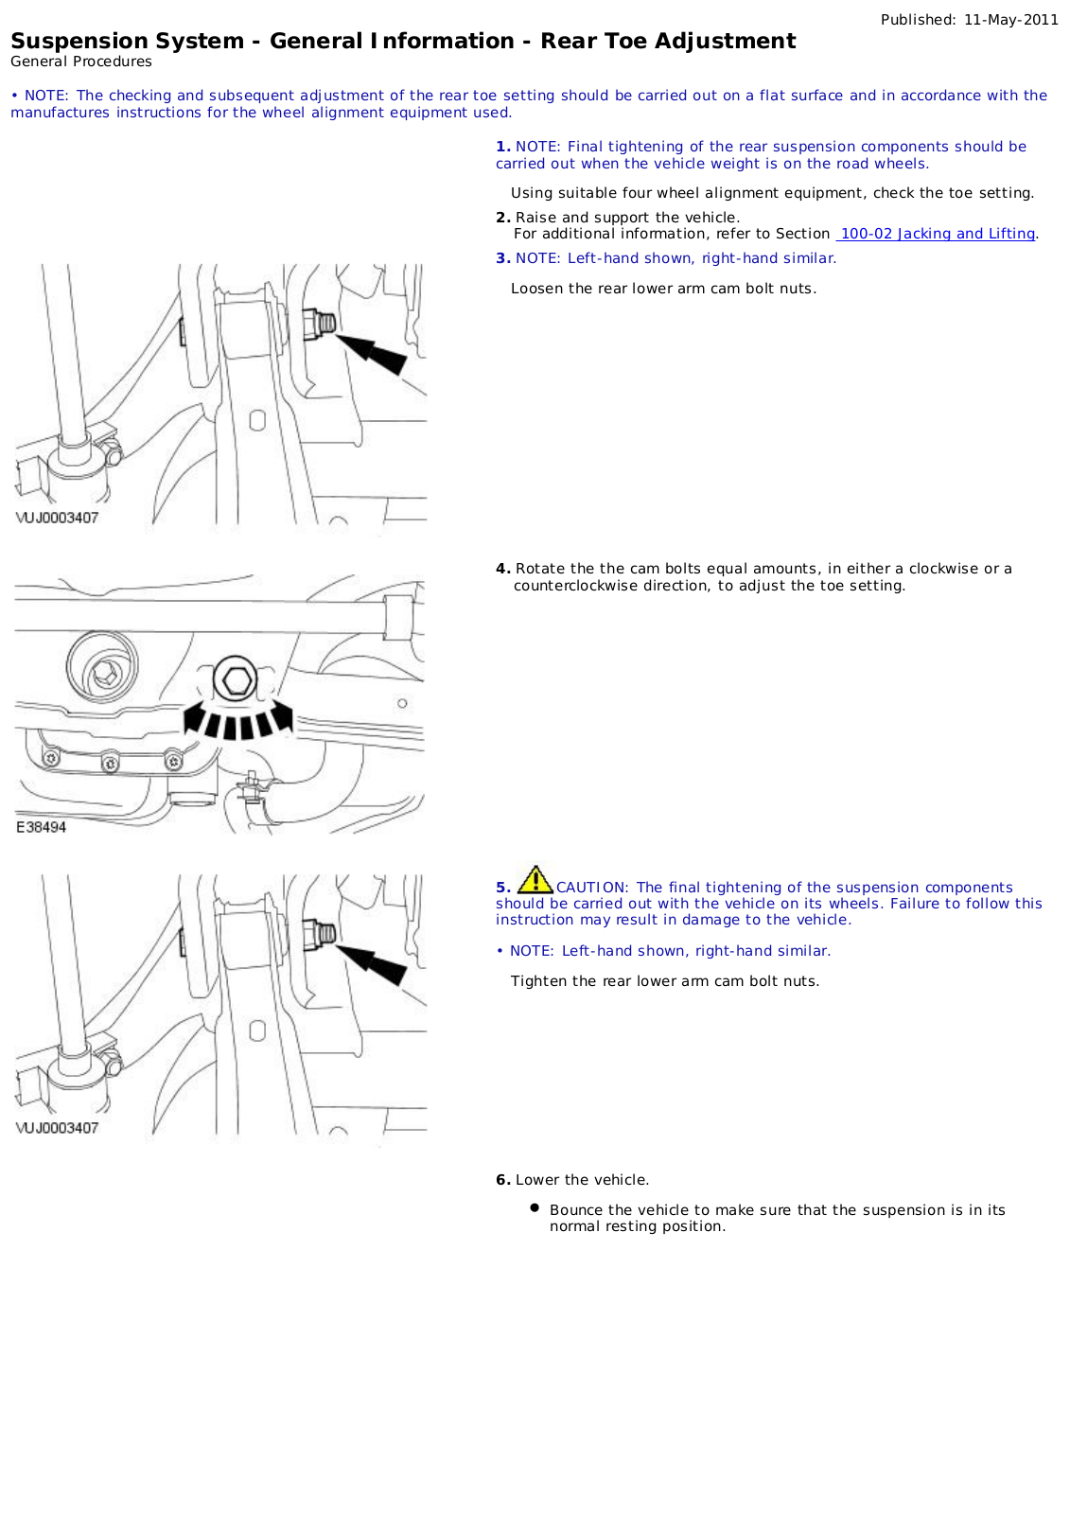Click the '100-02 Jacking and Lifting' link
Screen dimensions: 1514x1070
tap(937, 234)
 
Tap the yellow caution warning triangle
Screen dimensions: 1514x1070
tap(535, 880)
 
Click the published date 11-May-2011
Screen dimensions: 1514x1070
tap(1010, 19)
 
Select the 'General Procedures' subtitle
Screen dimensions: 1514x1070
tap(81, 62)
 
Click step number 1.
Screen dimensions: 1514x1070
tap(502, 147)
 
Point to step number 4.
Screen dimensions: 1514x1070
tap(502, 569)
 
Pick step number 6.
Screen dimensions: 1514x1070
tap(502, 1180)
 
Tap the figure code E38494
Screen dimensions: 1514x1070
tap(41, 827)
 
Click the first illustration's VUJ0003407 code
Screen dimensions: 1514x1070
tap(57, 518)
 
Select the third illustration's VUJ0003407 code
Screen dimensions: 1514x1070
tap(57, 1128)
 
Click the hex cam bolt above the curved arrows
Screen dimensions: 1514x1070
tap(235, 679)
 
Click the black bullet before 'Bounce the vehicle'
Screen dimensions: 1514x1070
tap(535, 1208)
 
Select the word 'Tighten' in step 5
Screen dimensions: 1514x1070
tap(537, 981)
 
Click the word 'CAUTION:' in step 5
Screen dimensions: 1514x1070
tap(591, 888)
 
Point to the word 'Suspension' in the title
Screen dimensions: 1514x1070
tap(66, 41)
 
